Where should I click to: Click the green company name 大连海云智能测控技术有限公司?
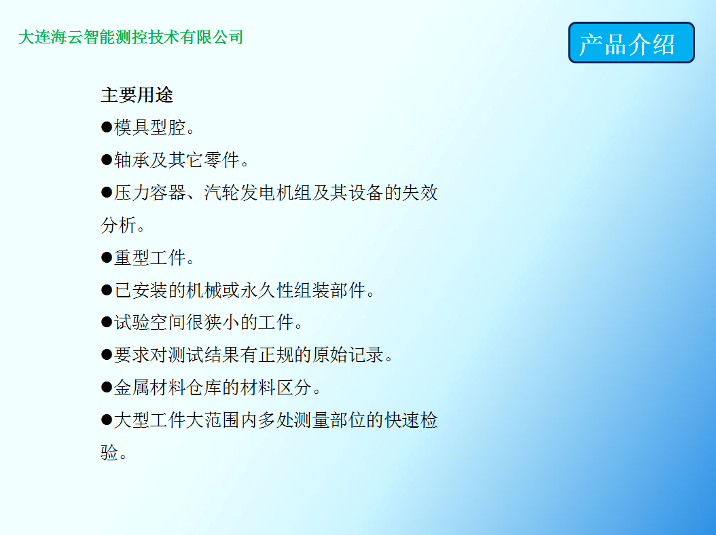130,37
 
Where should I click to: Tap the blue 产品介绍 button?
631,43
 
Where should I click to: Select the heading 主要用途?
137,95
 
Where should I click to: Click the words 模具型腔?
149,128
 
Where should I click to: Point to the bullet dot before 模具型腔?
107,127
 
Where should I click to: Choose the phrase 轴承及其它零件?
177,160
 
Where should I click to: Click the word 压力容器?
149,192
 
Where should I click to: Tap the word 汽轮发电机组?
258,192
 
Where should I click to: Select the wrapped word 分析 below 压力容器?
119,225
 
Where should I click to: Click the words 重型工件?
149,257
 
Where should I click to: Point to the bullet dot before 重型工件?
107,257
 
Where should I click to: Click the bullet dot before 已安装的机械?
107,290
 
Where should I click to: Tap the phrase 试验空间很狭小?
177,322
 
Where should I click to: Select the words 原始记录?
348,354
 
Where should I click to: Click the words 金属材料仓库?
168,388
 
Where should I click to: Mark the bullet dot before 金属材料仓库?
107,388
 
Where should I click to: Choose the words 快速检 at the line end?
411,420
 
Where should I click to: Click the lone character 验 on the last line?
109,452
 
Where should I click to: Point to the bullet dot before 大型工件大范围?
107,420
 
